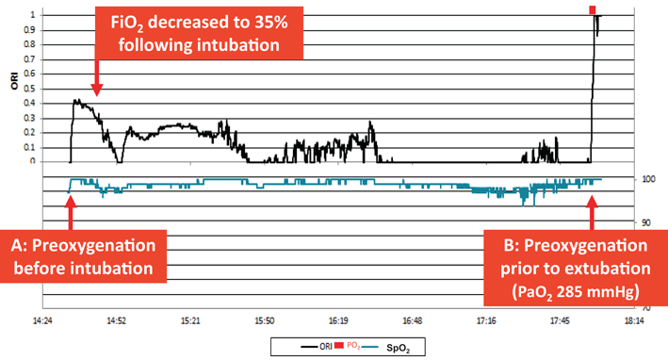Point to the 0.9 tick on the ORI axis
(38, 30)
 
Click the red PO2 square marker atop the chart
(593, 8)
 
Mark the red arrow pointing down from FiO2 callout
(98, 83)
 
